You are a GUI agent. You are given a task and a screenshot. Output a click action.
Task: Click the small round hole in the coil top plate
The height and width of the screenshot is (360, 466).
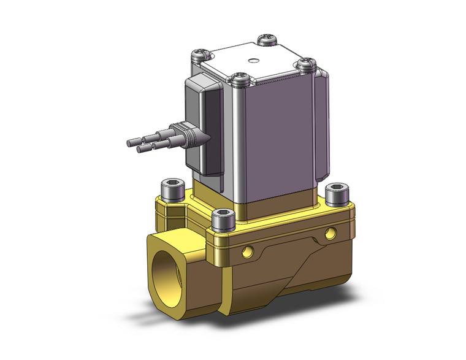click(251, 60)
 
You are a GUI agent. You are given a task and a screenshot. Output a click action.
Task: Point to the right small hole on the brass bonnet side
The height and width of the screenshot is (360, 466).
click(332, 232)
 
